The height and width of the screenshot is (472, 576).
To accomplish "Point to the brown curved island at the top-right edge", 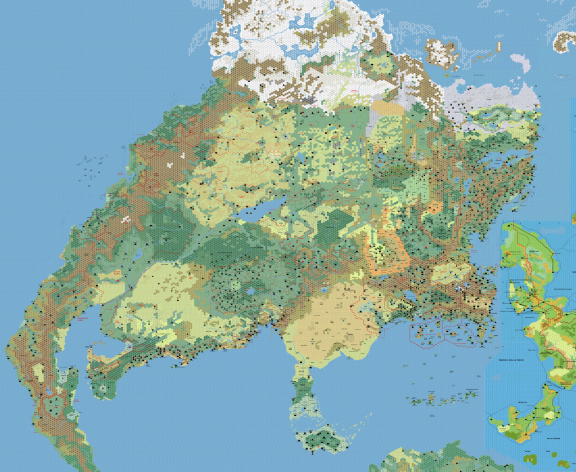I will pos(565,39).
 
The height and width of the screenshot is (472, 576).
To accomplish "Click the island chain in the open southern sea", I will pos(444,400).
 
